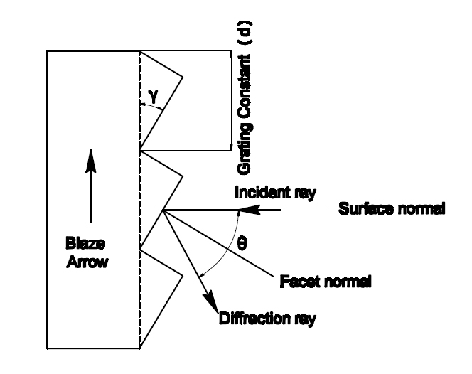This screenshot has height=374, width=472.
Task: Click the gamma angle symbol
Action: pyautogui.click(x=154, y=97)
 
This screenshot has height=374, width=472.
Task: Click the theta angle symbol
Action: pyautogui.click(x=242, y=243)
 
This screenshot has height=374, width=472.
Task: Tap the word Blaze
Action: pyautogui.click(x=85, y=244)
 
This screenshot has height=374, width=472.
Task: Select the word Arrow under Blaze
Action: pyautogui.click(x=87, y=262)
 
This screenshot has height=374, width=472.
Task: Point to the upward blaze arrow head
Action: pyautogui.click(x=90, y=161)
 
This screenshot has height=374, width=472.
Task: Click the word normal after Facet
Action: pyautogui.click(x=348, y=282)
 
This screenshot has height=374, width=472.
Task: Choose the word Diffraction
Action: pyautogui.click(x=254, y=319)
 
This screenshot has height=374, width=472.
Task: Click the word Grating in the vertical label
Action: pyautogui.click(x=244, y=149)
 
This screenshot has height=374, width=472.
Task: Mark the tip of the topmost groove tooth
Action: pyautogui.click(x=183, y=77)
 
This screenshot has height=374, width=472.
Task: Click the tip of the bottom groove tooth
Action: pyautogui.click(x=183, y=276)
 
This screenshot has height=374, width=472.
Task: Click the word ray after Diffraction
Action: pyautogui.click(x=305, y=320)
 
